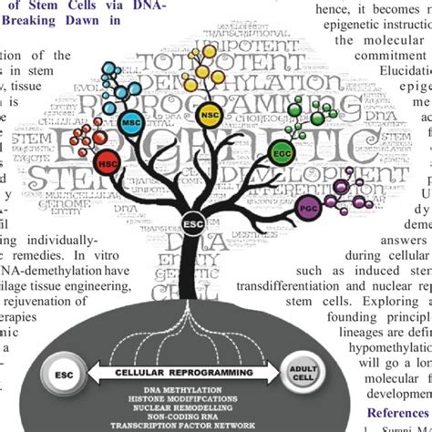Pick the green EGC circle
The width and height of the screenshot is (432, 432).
282,153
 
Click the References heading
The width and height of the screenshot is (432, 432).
366,411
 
